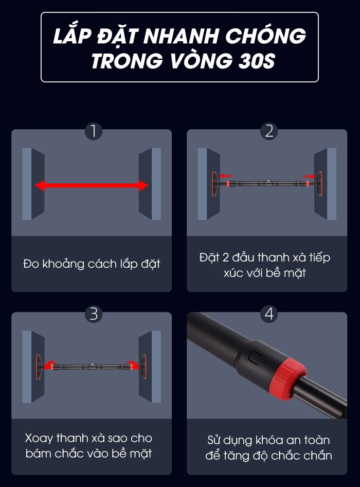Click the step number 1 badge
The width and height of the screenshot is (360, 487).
(x=94, y=131)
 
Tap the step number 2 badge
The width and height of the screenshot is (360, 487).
(x=269, y=131)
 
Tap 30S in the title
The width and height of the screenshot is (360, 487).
(x=257, y=60)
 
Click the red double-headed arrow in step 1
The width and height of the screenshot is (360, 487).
(x=92, y=186)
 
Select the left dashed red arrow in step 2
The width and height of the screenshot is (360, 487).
(x=226, y=176)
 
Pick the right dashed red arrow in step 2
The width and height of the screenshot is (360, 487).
(x=310, y=177)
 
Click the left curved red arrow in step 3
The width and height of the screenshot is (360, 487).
(x=49, y=364)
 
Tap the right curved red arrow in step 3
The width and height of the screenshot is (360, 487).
(x=134, y=364)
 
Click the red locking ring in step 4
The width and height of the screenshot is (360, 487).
(x=287, y=379)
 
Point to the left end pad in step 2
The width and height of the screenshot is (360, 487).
(x=214, y=184)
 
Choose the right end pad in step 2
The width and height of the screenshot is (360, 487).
(x=319, y=184)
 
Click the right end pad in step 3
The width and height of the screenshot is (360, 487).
(x=143, y=367)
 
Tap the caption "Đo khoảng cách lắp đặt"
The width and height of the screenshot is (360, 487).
(x=92, y=264)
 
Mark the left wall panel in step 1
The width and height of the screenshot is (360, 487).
(x=33, y=184)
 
